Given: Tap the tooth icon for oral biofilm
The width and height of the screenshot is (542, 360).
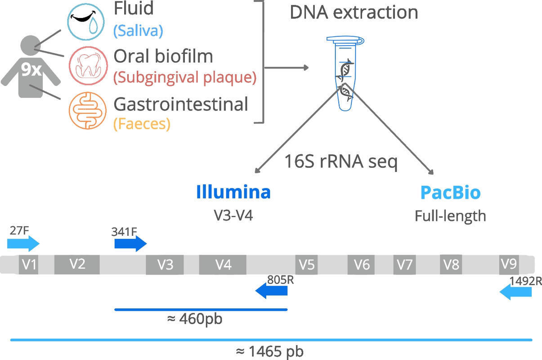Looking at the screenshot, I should [88, 66].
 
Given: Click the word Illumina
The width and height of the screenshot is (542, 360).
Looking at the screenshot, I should [233, 192].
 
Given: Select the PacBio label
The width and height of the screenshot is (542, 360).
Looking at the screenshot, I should [450, 193].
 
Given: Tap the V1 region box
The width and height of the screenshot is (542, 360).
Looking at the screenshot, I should [28, 264].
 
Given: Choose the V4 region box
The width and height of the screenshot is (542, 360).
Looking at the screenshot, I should [223, 265].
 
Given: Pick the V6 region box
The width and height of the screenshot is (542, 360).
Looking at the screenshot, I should [361, 265].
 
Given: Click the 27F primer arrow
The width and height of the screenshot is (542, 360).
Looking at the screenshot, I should [23, 244].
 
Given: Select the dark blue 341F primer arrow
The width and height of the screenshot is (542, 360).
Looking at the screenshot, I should [130, 244].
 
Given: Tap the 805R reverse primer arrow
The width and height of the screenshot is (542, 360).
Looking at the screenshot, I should [271, 292].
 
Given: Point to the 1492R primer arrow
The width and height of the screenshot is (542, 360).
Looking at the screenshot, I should [515, 293].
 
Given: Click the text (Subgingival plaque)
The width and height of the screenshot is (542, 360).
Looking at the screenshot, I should [184, 77].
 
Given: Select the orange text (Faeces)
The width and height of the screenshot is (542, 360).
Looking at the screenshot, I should [142, 124].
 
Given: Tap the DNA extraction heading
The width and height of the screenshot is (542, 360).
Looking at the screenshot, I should [354, 12].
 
